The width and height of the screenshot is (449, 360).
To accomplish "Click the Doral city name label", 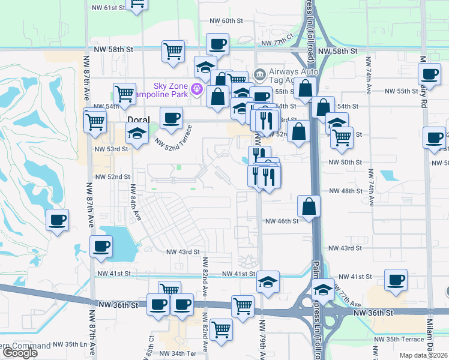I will [138, 119].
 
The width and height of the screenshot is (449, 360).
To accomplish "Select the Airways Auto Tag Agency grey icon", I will [259, 75].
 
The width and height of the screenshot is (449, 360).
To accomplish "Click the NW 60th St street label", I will [226, 20].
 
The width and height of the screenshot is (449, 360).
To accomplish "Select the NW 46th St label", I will [282, 221].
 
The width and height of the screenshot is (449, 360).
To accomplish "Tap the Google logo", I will [19, 353].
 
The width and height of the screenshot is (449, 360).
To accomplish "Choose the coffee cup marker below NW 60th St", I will [217, 43].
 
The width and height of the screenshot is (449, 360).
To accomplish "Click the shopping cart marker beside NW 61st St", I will [137, 4].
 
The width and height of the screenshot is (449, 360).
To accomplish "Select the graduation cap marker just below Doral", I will [137, 135].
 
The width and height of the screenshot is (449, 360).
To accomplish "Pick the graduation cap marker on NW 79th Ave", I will [268, 281].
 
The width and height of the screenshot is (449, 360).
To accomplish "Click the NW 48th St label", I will [346, 191].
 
